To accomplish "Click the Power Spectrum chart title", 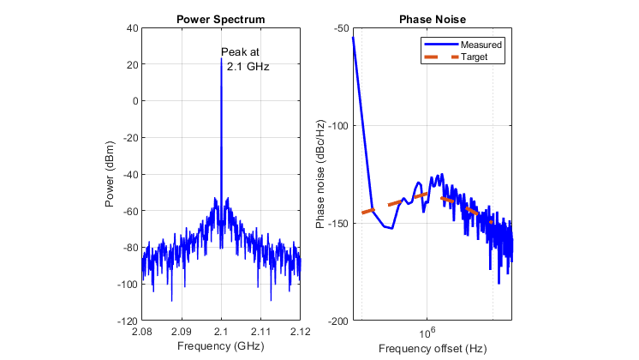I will pyautogui.click(x=221, y=20).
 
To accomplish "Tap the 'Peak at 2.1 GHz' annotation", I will pyautogui.click(x=242, y=59).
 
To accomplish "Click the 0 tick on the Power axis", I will pyautogui.click(x=134, y=101).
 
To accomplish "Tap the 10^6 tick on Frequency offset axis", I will pyautogui.click(x=426, y=332).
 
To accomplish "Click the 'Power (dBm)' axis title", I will pyautogui.click(x=110, y=174).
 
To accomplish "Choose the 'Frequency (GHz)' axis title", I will pyautogui.click(x=221, y=346).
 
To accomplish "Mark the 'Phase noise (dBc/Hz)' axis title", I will pyautogui.click(x=320, y=174).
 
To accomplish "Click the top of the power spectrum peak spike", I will pyautogui.click(x=221, y=59).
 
